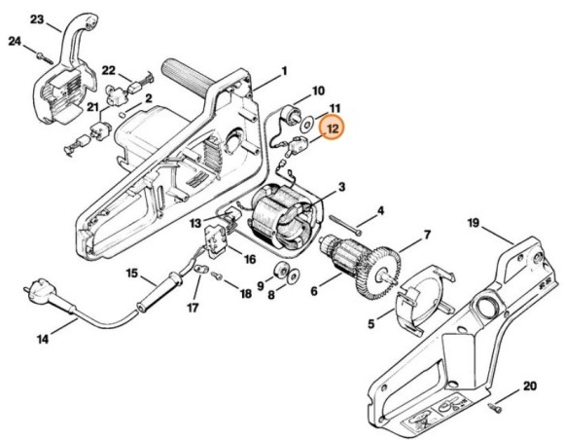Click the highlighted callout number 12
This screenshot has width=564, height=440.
tap(334, 127)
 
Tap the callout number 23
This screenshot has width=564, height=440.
tap(37, 18)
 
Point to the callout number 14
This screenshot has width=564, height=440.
tap(43, 339)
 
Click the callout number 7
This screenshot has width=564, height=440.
tap(425, 236)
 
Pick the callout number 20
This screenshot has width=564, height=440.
tap(530, 386)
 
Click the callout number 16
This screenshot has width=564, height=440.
tap(249, 260)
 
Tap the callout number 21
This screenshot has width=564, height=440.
tap(92, 106)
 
